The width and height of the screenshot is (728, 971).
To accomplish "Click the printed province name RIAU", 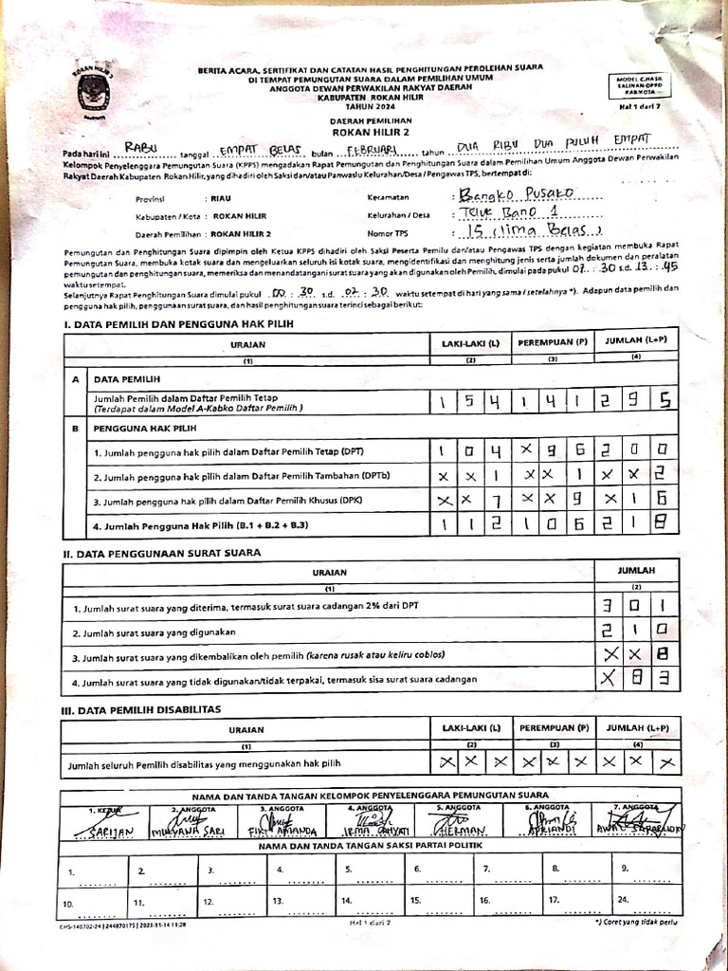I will [221, 199].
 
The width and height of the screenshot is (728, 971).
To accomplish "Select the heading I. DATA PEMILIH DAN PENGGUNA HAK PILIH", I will [179, 324].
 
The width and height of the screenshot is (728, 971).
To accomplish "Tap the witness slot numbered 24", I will [625, 899].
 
